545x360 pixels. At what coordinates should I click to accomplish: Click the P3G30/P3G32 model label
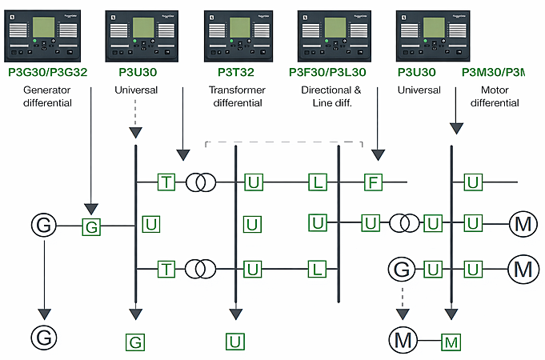(47, 72)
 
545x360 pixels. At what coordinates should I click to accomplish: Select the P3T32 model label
(235, 72)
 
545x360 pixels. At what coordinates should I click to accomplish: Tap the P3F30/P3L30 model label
(329, 72)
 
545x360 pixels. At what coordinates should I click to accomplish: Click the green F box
(372, 182)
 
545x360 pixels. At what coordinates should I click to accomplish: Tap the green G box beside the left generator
(92, 226)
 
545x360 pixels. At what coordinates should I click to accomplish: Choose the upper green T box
(166, 182)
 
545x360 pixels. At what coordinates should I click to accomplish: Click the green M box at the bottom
(452, 342)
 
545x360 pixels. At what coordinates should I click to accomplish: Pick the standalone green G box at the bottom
(136, 342)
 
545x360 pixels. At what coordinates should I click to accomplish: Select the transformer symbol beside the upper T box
(200, 182)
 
